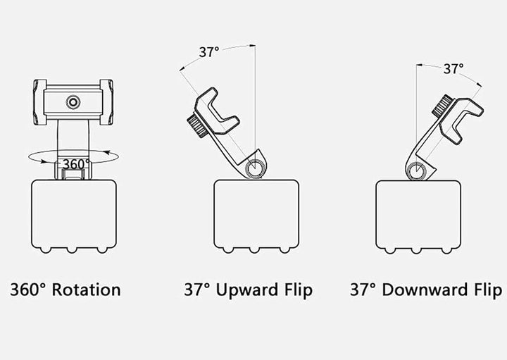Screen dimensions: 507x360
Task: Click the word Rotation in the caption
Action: coord(87,290)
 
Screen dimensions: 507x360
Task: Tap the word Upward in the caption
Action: coord(247,290)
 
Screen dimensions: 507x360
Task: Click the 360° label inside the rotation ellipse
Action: coord(76,164)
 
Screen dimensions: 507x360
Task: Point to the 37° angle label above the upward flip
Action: coord(209,52)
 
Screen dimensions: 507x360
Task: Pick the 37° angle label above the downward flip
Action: coord(453,69)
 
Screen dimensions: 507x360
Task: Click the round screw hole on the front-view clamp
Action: coord(73,103)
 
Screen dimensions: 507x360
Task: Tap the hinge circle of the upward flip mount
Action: coord(255,168)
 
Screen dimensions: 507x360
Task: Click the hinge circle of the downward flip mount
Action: coord(416,170)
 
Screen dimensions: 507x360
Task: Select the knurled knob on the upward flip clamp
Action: coord(198,125)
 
